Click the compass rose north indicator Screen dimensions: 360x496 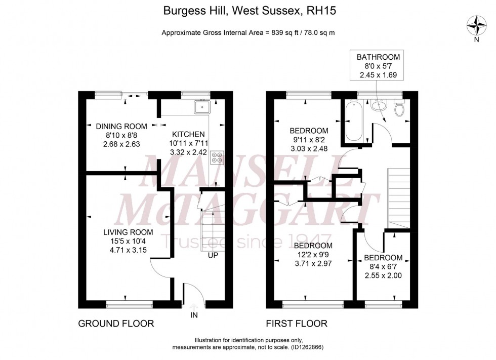476,25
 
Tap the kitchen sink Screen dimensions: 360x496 203,106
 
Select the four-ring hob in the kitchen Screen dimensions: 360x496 218,157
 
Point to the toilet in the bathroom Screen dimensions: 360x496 399,107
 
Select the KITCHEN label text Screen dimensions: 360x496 188,134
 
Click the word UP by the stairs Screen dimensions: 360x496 213,255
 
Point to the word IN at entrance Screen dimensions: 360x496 193,315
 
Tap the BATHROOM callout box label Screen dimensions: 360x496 378,57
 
